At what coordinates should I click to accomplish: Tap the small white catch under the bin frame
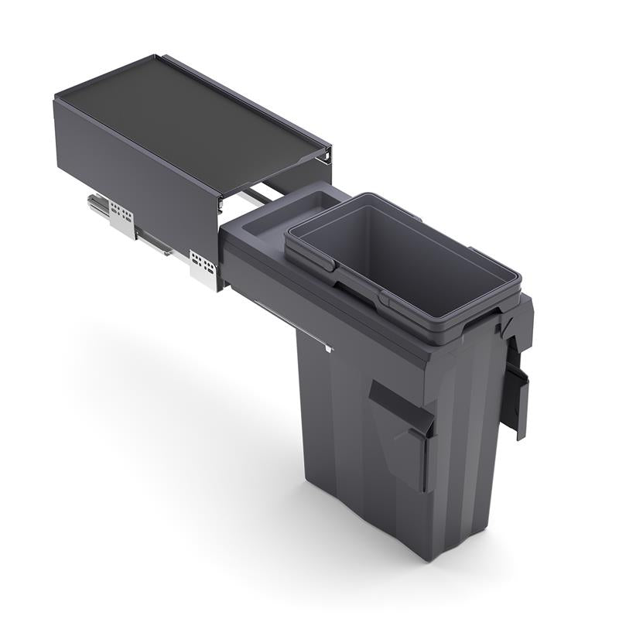pos(329,347)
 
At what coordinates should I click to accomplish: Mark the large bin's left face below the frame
pos(348,433)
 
